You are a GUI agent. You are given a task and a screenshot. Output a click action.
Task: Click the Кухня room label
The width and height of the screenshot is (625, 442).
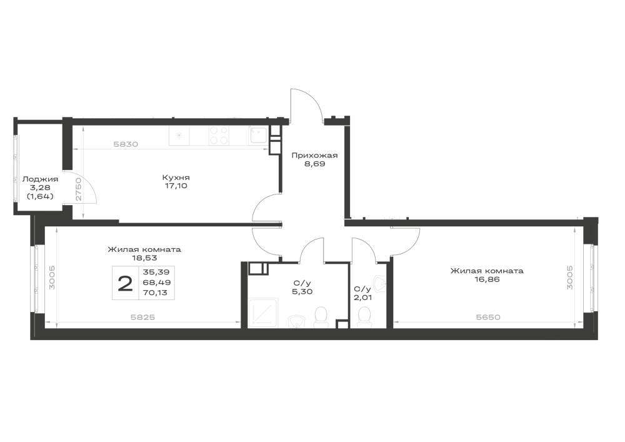coord(176,178)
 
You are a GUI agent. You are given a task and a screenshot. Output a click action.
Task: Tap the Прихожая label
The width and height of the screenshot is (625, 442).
coord(314,155)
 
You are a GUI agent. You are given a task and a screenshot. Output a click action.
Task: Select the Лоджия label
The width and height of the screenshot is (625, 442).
coord(40,179)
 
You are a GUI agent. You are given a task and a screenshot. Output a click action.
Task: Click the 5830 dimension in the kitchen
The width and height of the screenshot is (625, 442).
coord(126,144)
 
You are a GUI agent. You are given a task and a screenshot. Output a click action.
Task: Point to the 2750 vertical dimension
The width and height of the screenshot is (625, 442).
coord(79,189)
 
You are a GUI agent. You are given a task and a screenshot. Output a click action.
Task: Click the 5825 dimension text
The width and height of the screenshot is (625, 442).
coord(142,317)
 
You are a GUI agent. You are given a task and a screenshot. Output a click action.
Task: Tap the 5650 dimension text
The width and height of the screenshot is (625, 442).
coord(488,317)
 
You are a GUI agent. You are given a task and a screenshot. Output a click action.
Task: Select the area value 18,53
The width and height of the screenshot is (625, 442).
coord(144,258)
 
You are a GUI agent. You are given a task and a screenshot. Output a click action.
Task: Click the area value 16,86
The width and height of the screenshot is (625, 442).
coord(487,279)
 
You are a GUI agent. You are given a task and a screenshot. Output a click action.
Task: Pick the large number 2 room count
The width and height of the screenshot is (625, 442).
coord(125,284)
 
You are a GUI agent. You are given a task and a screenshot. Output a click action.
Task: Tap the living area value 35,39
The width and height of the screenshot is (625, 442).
coord(156,272)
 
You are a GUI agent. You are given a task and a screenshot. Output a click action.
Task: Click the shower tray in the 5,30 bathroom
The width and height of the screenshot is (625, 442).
coord(262,313)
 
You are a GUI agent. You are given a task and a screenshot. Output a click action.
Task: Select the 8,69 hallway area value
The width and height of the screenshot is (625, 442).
coord(315,163)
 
